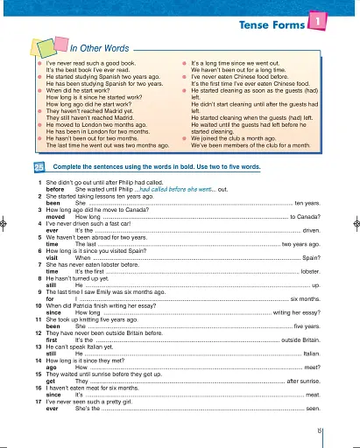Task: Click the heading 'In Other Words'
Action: (99, 49)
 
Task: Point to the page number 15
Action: (321, 430)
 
